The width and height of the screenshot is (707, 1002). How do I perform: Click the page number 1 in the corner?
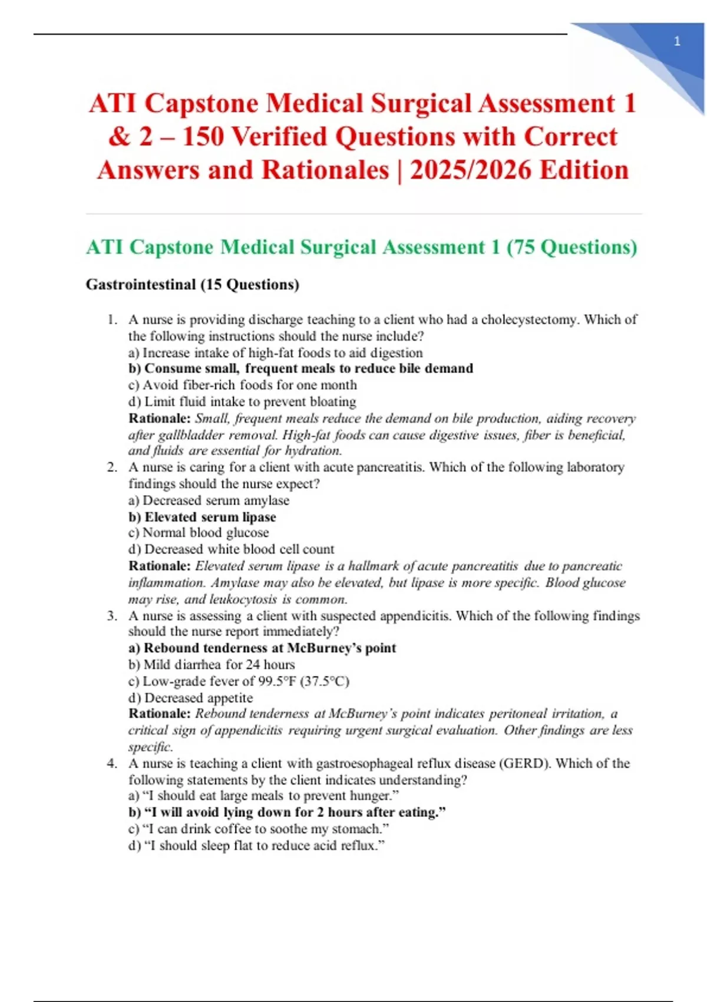(x=677, y=41)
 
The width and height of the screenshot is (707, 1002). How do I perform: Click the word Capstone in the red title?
(x=201, y=104)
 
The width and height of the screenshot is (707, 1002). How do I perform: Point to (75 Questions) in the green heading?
(x=571, y=247)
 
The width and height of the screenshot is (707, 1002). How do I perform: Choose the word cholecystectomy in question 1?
(x=530, y=319)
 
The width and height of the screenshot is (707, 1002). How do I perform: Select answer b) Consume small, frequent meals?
(x=300, y=368)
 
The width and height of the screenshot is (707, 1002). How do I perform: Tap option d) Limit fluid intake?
(x=242, y=401)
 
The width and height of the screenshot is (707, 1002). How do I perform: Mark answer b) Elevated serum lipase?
(x=202, y=517)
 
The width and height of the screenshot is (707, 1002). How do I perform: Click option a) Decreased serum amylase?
(x=209, y=500)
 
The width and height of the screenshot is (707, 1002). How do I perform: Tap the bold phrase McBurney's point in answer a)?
(x=341, y=648)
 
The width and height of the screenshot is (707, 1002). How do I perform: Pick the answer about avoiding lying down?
(x=287, y=812)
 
